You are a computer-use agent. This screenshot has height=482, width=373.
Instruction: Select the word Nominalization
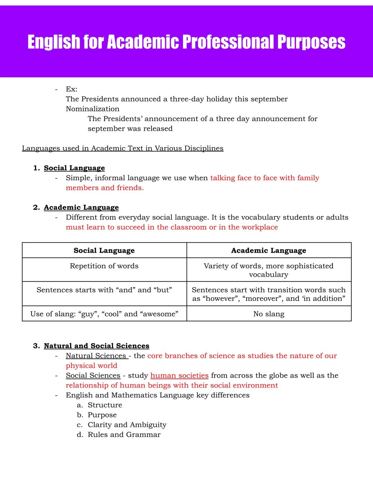[93, 109]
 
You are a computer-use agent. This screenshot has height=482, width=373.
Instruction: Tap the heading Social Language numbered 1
[74, 168]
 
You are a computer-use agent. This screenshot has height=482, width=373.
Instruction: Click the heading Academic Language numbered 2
[81, 207]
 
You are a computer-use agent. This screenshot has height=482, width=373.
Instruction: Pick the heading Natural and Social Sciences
[96, 346]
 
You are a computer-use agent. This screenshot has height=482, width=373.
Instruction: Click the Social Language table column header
[104, 250]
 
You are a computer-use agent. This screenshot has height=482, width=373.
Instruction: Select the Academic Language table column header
[268, 250]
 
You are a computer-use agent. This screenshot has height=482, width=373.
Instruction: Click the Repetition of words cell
[104, 266]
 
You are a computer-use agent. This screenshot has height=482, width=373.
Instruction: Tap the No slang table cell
[268, 314]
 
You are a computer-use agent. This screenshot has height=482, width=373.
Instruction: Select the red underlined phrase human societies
[179, 375]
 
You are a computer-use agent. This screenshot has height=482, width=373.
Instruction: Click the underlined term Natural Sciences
[96, 356]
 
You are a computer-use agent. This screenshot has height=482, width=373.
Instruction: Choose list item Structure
[105, 405]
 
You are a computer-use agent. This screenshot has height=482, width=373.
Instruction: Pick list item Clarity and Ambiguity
[127, 425]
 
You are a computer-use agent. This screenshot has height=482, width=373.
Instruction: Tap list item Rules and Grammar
[124, 435]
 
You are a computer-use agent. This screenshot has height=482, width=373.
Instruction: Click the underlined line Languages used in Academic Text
[123, 148]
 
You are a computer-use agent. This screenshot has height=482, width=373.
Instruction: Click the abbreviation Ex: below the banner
[71, 89]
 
